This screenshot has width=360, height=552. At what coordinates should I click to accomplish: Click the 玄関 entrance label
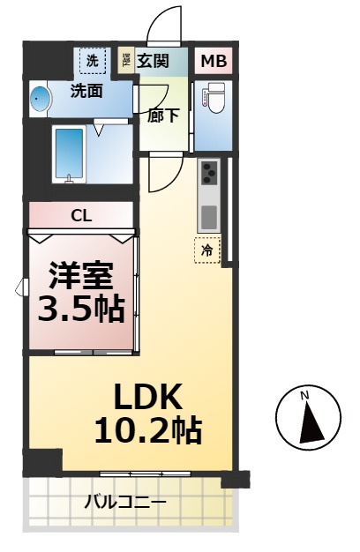click(153, 61)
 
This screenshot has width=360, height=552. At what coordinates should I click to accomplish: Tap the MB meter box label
click(214, 61)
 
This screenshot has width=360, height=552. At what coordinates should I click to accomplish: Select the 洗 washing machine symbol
click(92, 60)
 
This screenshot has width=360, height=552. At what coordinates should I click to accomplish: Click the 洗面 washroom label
click(87, 90)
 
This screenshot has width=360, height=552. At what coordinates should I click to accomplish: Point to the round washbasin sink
click(38, 99)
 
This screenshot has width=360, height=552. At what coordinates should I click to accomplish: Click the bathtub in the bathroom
click(68, 153)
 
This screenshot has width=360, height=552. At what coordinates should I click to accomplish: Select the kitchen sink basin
click(208, 215)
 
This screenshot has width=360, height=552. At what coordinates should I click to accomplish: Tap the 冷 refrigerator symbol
click(207, 250)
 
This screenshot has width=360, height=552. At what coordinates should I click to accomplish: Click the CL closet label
click(81, 215)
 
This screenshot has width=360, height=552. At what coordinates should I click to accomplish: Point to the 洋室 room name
click(80, 277)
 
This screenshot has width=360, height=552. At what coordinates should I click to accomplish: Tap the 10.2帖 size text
click(147, 430)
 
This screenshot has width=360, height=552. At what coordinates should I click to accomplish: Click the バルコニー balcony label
click(124, 503)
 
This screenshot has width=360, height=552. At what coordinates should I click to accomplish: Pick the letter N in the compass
click(305, 396)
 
